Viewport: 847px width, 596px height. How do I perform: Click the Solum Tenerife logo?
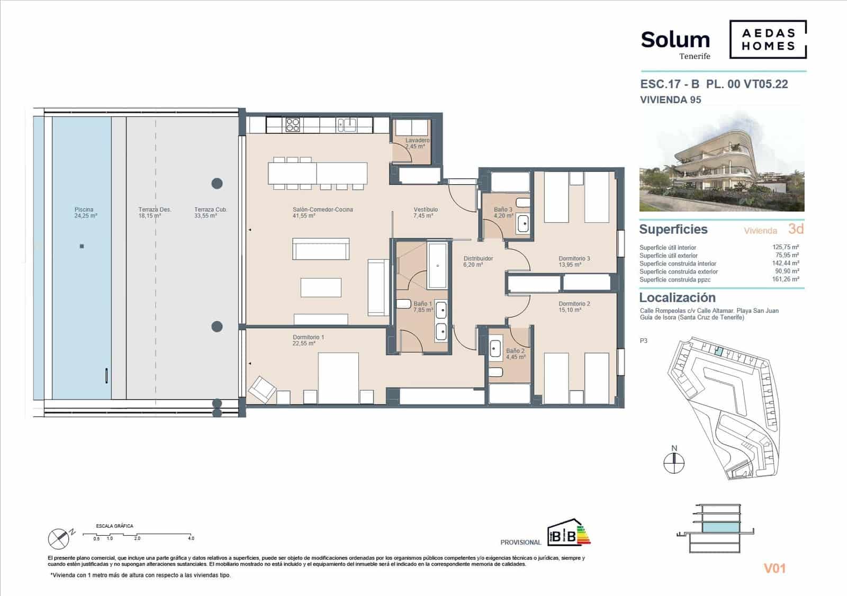[675, 44]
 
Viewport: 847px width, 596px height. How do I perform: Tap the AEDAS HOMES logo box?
[768, 39]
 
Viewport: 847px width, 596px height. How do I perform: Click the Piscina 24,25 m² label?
[85, 213]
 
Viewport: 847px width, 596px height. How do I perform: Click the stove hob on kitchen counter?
[293, 125]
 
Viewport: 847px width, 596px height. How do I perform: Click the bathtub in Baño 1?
[438, 266]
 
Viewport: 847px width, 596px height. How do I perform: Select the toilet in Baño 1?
[403, 305]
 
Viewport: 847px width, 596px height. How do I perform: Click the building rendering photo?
[722, 161]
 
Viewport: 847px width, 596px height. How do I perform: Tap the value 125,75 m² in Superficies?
[786, 247]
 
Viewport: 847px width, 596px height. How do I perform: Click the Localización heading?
[677, 297]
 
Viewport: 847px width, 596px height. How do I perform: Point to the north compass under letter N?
[674, 464]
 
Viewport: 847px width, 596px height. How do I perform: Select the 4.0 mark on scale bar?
[191, 538]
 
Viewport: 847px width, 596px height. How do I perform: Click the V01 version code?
[774, 568]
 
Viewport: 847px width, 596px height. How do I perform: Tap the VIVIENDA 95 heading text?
[670, 100]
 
